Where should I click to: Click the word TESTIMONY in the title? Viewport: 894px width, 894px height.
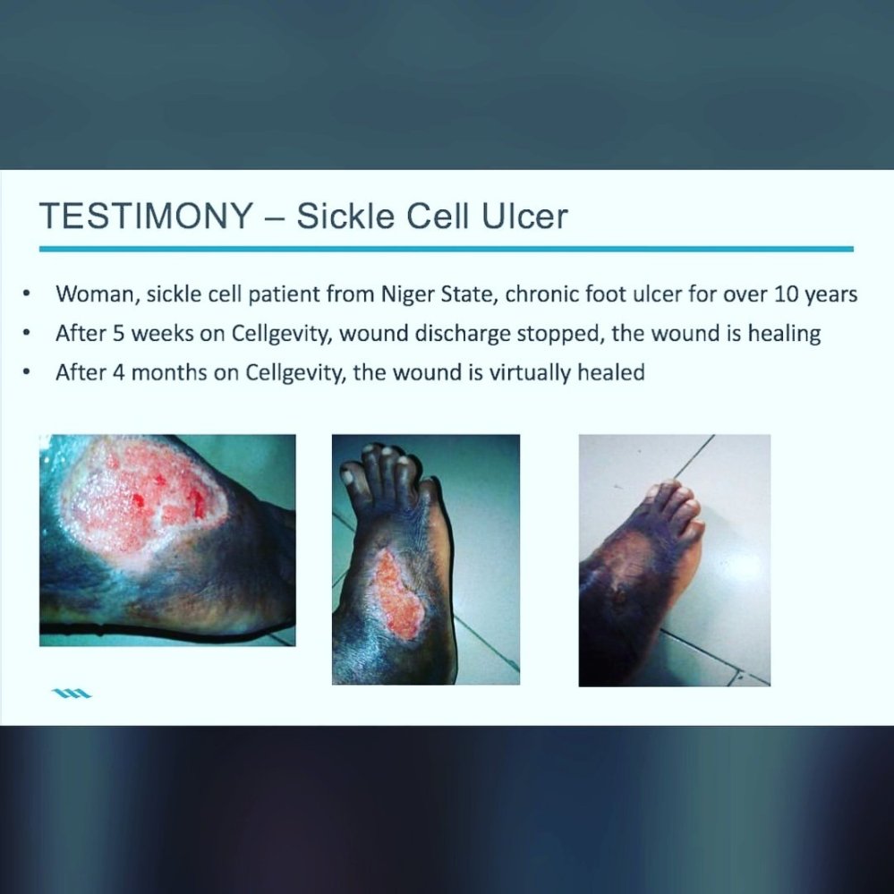coord(146,216)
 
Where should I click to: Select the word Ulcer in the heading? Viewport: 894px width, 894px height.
coord(524,216)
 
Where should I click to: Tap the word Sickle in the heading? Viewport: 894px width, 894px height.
coord(345,216)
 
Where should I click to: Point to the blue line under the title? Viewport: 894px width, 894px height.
coord(447,249)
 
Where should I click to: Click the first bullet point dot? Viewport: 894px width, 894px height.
coord(26,294)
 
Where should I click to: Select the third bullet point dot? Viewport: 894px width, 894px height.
coord(26,372)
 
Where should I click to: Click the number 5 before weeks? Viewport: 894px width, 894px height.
coord(119,334)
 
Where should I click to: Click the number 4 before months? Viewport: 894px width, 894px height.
coord(119,373)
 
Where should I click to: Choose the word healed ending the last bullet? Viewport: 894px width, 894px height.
coord(611,372)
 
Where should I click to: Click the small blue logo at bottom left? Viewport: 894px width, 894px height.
coord(72,694)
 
